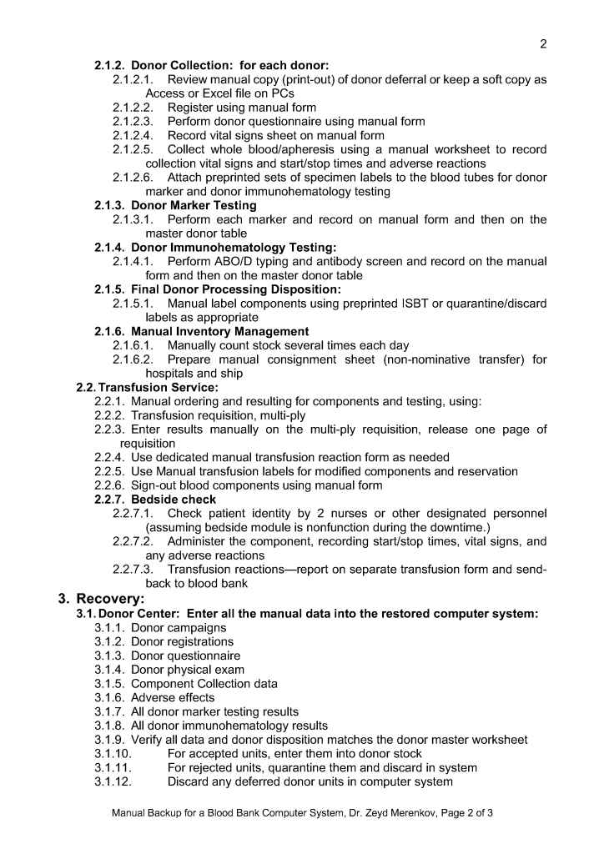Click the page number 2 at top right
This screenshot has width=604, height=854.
tap(543, 44)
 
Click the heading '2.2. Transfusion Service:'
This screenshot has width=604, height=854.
tap(147, 387)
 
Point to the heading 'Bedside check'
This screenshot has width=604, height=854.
tap(174, 499)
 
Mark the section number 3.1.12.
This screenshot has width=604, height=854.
tap(113, 781)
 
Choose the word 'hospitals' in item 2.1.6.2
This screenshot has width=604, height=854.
tap(172, 374)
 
